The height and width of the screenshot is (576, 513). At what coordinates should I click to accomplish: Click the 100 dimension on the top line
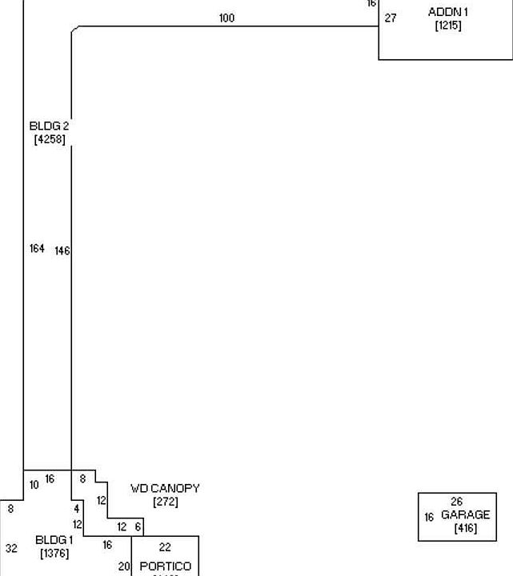[226, 18]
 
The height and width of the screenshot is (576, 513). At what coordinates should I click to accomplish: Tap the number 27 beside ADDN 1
[391, 18]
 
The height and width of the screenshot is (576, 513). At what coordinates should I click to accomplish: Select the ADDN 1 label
[448, 13]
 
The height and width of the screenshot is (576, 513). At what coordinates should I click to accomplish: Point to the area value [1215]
[448, 26]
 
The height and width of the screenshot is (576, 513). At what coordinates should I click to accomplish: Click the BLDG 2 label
[50, 126]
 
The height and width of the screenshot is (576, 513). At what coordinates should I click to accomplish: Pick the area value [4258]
[50, 140]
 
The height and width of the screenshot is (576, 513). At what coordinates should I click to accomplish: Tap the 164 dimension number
[37, 249]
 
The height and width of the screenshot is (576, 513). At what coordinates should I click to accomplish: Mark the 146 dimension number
[62, 250]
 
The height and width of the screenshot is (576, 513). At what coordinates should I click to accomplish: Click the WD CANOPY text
[165, 489]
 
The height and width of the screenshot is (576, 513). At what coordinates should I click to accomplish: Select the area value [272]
[165, 502]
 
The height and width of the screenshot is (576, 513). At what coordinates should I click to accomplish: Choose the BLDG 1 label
[54, 540]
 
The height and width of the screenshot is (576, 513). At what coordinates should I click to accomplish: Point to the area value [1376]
[54, 554]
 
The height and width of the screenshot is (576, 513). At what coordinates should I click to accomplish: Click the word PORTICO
[166, 566]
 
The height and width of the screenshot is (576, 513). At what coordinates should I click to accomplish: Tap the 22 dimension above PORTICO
[165, 548]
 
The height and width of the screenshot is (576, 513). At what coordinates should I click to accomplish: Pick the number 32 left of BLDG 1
[11, 549]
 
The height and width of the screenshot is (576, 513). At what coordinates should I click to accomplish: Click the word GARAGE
[465, 515]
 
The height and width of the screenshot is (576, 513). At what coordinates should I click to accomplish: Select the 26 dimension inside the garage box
[456, 502]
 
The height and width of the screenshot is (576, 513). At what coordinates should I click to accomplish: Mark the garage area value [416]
[465, 528]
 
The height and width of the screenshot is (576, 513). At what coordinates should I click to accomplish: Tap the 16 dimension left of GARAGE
[429, 518]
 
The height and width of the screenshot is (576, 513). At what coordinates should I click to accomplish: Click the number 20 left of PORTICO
[124, 566]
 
